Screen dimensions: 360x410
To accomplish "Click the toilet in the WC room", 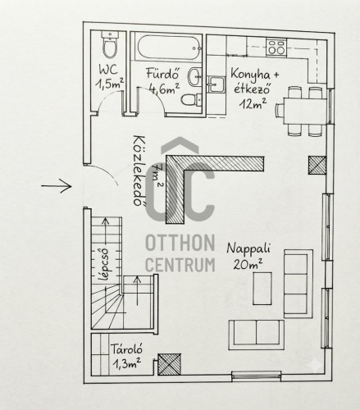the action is pos(110,44).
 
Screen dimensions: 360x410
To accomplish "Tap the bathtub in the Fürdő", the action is pos(170,48).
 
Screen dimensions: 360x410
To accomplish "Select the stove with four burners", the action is pos(276,47).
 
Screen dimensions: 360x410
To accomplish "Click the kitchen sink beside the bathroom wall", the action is pos(216,84).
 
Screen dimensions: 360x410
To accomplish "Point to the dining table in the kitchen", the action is pos(305,111).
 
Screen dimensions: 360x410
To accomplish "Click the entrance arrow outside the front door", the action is pos(57,186).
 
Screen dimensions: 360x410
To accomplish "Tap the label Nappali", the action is pos(248,248).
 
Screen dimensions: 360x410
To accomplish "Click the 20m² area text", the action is pos(248,264).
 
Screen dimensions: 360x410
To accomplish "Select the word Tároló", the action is pos(126,350).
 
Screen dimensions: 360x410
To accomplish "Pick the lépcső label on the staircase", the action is pos(104,264).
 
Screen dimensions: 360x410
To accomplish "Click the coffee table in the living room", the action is pos(262,289).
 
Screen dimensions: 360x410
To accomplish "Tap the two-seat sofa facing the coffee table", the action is pos(257,335).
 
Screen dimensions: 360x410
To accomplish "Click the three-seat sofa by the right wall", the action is pos(298,284).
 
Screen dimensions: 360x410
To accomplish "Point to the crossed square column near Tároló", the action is pos(169,364).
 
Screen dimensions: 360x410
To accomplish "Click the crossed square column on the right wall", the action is pos(317,165).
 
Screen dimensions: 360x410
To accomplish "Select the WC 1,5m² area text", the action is pos(109,77).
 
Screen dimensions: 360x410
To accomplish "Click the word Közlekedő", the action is pos(139,170).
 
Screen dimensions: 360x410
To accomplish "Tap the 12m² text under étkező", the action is pos(253,103).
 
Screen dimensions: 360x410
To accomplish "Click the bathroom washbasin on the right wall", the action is pos(194,77).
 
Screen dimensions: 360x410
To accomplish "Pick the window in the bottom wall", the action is pos(257,376).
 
